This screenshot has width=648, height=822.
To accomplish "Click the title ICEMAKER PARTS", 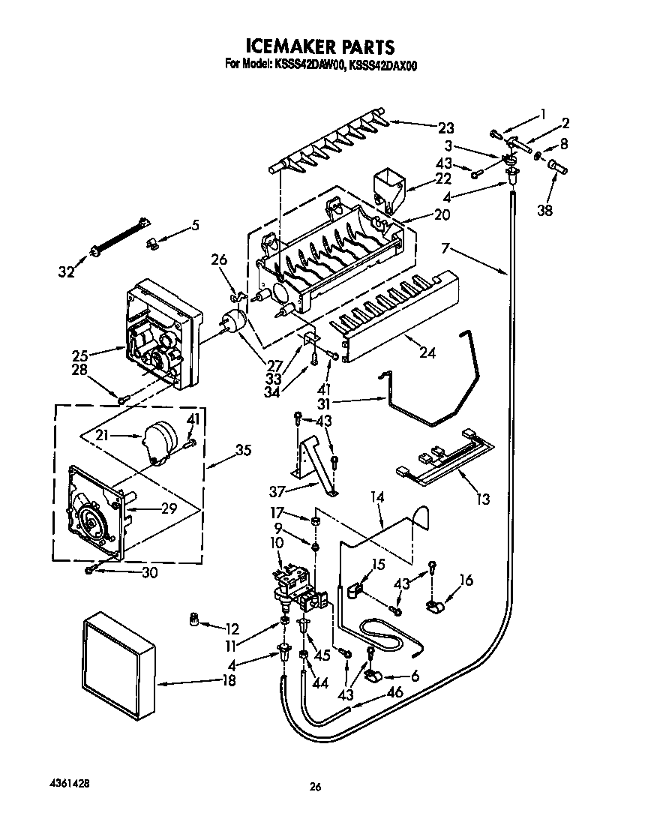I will coord(321,49).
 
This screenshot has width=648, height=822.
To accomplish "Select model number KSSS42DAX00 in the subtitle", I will coord(382,66).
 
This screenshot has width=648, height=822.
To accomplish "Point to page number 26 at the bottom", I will coord(316,787).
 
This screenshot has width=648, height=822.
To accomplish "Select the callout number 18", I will coord(229,681).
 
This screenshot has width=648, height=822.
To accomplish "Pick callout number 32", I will coord(67,272).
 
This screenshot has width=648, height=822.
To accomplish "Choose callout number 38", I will coord(545,211).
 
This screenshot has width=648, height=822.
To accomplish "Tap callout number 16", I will coord(466,580).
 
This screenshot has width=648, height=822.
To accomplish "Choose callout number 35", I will coord(244,451).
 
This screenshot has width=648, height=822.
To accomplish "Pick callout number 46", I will coord(394,691).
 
